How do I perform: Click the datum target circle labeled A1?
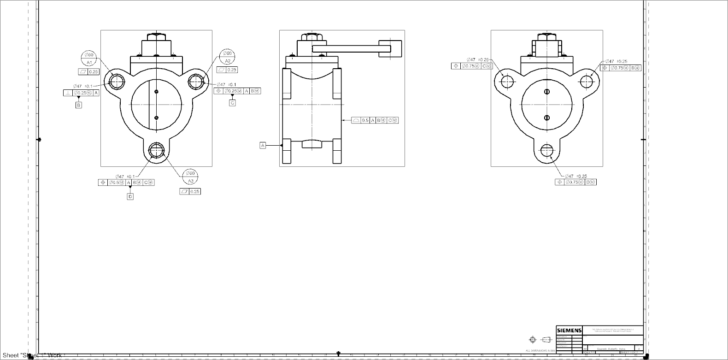coord(89,58)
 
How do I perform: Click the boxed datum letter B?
coord(79,105)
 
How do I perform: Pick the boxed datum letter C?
coord(232,103)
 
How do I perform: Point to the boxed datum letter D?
coord(130,196)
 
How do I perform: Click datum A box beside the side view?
coord(263,146)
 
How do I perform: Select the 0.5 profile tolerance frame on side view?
coord(375,120)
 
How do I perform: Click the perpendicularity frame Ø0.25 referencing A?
coord(81,93)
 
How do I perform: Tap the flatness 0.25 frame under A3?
coord(190,191)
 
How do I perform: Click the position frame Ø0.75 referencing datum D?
coord(575,182)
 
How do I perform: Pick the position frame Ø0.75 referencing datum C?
coord(472,66)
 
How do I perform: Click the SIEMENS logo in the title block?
coord(569,330)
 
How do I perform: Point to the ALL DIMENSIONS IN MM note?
coord(540,351)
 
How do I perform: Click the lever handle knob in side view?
coord(390,48)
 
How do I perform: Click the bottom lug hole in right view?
coord(547,150)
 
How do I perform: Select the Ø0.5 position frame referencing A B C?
coord(126,183)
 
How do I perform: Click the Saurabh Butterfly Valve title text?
coord(610,349)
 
